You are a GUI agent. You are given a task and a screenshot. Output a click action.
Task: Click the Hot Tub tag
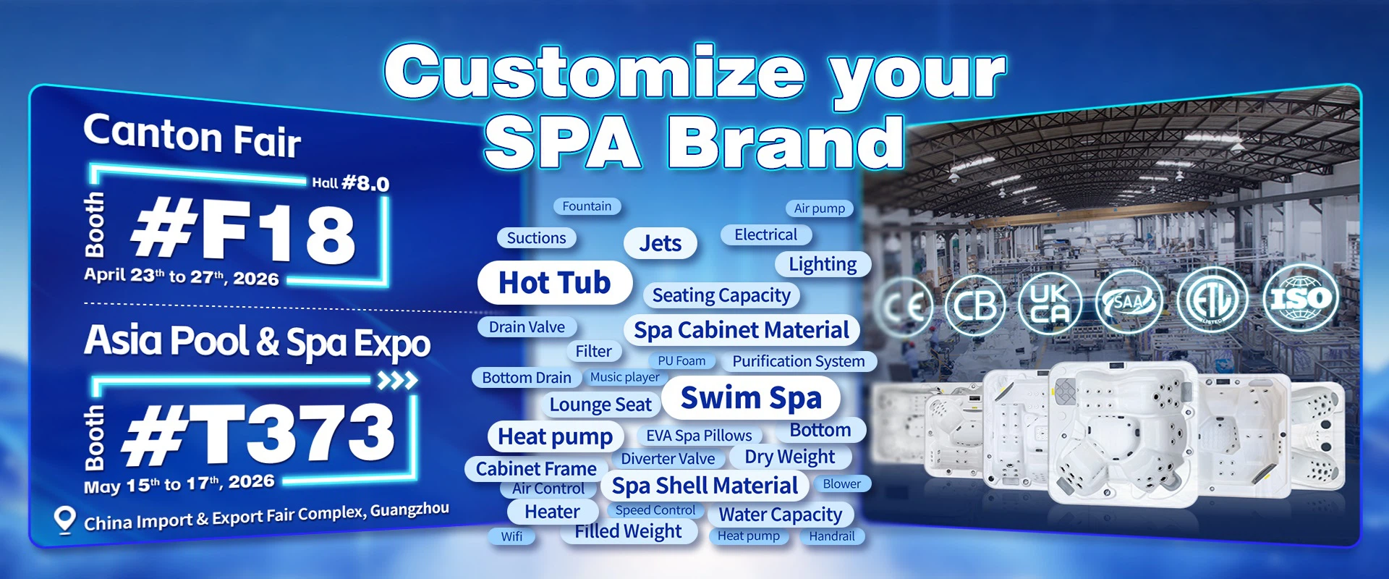(555, 282)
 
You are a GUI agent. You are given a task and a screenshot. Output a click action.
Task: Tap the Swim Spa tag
(751, 397)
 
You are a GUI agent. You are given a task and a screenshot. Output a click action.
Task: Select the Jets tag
(660, 243)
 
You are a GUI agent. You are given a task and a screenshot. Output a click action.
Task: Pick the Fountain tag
(587, 206)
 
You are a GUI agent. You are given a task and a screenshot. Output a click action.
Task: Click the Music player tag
(624, 377)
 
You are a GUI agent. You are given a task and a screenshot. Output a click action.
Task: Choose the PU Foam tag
(681, 360)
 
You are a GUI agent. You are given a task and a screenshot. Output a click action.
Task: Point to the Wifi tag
(511, 536)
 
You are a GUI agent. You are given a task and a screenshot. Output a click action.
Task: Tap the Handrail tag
(832, 536)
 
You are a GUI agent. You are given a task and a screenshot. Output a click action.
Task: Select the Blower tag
(842, 483)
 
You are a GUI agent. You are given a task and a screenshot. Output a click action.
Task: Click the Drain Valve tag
(527, 327)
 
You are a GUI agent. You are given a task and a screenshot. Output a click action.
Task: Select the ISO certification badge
(1301, 298)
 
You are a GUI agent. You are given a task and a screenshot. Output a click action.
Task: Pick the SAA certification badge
(1129, 302)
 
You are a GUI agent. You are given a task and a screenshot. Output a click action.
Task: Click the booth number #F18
(243, 231)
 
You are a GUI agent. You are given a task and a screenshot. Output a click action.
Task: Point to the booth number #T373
(259, 434)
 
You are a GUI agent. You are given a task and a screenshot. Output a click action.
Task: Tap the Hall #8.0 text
(350, 183)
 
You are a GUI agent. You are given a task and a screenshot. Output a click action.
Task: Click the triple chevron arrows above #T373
(398, 381)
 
